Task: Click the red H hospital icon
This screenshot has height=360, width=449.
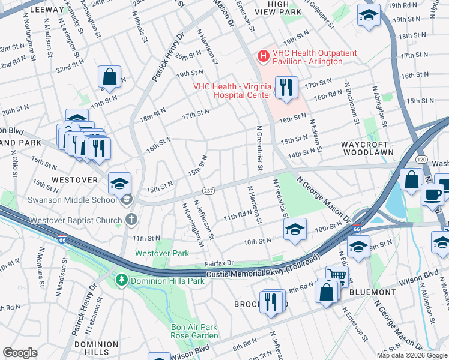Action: click(262, 56)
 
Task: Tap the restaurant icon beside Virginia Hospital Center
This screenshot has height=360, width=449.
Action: click(286, 87)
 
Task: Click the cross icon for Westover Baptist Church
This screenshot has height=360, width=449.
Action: click(131, 220)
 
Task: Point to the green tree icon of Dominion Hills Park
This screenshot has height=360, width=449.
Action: click(122, 280)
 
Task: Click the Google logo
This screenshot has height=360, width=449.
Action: click(20, 353)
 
